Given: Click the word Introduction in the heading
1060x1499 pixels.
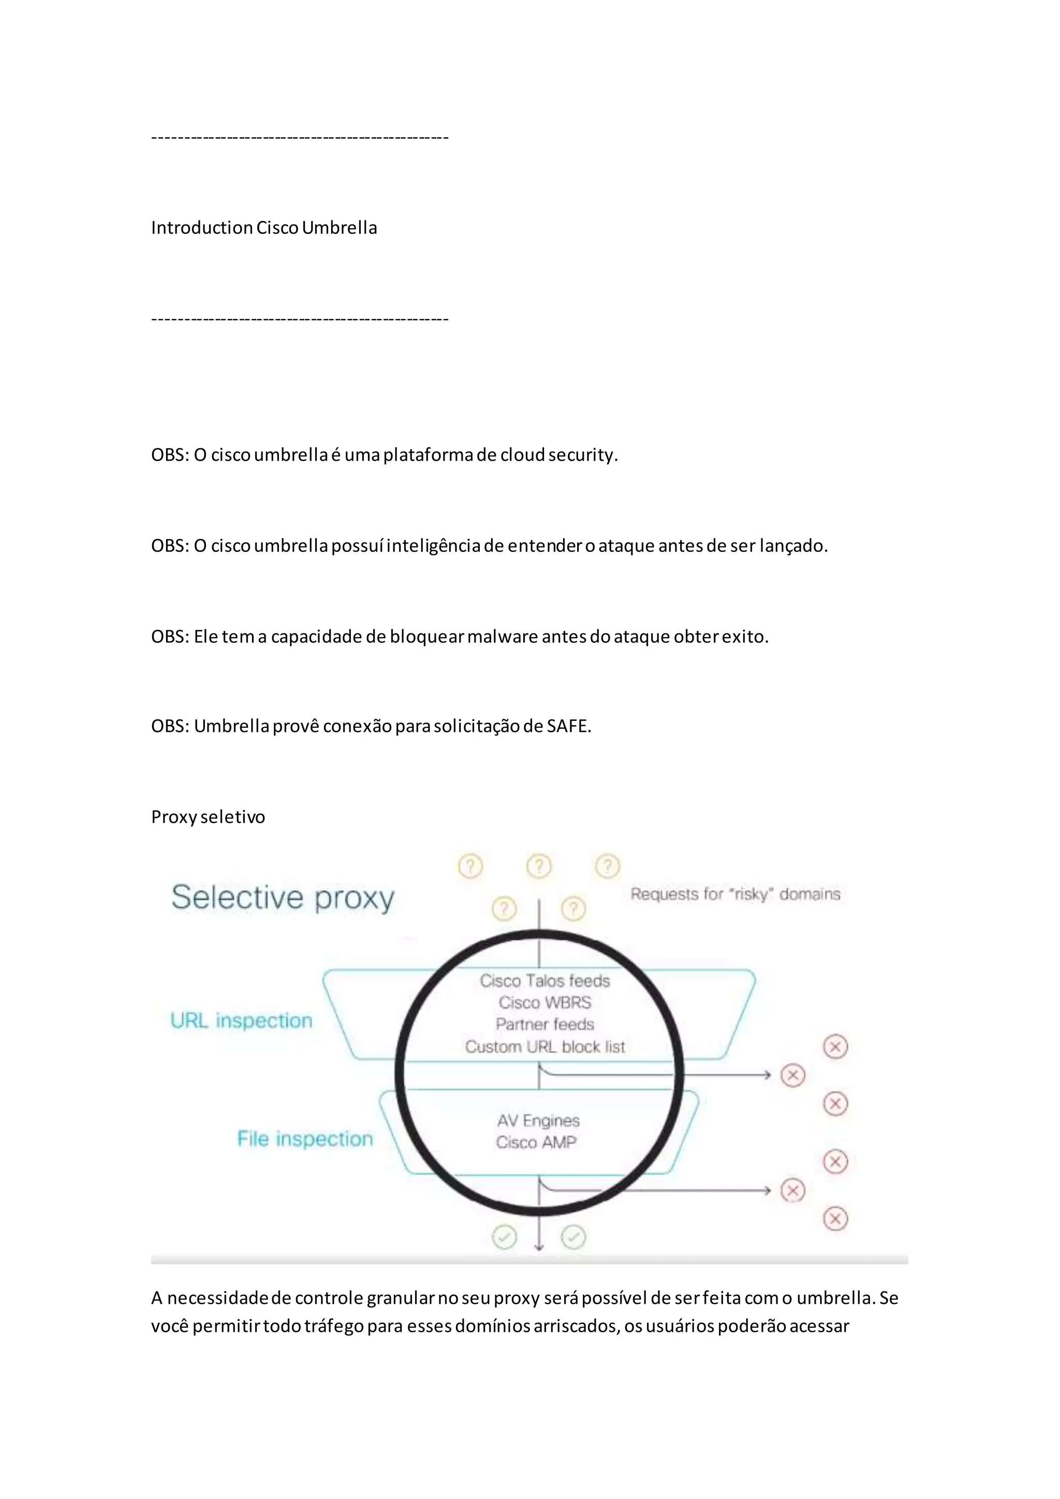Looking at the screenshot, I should coord(202,227).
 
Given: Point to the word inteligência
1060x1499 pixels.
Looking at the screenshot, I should coord(433,545).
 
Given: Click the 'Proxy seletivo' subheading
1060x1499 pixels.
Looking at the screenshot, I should coord(208,817).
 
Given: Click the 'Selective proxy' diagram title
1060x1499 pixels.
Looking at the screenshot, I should coord(283,898).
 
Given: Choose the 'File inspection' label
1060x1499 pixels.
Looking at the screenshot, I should coord(305,1139).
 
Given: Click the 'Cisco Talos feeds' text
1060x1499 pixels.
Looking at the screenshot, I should coord(545,981).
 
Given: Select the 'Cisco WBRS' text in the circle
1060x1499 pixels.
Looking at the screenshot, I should coord(545,1002).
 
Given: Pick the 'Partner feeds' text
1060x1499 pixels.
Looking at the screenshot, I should coord(545,1024).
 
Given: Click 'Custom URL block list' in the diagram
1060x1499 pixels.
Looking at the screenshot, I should coord(545,1047).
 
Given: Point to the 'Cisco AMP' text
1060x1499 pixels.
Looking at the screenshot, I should coord(536,1142).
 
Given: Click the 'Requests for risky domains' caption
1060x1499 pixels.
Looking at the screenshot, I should coord(735,894).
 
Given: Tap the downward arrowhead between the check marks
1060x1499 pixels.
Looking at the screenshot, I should coord(539,1247).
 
